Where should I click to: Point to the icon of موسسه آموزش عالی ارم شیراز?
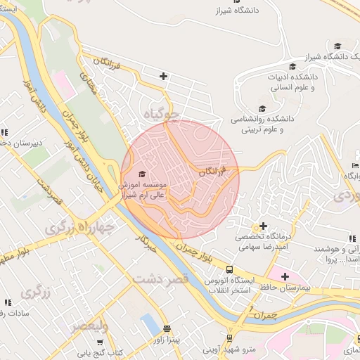(x=142, y=174)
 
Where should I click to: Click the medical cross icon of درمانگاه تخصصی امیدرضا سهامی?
(x=263, y=226)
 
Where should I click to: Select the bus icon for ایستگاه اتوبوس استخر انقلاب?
(x=229, y=269)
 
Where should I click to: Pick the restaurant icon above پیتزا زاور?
(x=167, y=328)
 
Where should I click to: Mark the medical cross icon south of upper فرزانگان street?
(x=163, y=76)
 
